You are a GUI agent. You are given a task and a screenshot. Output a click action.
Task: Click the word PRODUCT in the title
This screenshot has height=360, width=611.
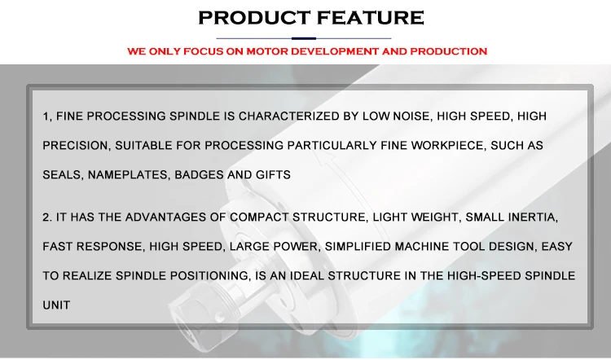coord(254,18)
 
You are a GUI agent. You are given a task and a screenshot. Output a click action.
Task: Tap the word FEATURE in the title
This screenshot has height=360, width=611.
coord(370,18)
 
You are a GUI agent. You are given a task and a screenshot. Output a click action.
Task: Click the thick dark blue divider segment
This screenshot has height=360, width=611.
coord(304,38)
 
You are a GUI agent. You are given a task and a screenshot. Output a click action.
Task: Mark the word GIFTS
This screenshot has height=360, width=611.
coord(273,174)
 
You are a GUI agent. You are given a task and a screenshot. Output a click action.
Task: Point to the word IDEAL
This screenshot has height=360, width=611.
coord(307,275)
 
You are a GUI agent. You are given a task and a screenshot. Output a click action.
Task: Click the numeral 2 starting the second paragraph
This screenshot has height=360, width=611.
coord(46,217)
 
